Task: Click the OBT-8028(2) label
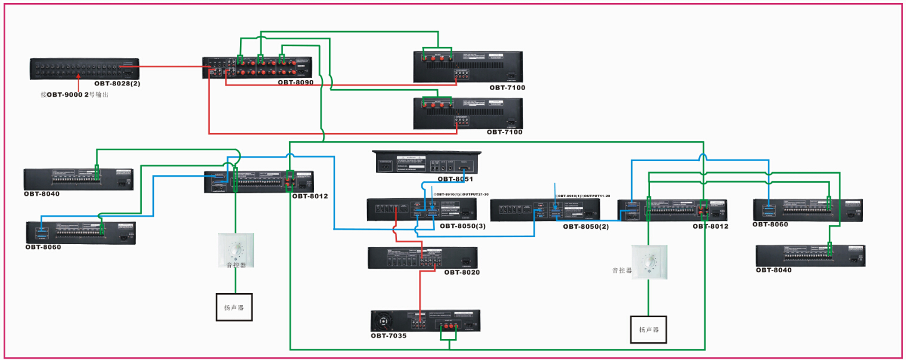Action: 117,84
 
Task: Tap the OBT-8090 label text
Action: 295,82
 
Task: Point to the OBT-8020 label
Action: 461,272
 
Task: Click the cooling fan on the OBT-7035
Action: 383,322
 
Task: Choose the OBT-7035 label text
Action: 388,336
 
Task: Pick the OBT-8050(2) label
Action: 585,226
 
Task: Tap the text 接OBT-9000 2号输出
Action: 78,95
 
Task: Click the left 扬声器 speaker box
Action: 234,307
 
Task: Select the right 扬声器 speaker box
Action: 648,329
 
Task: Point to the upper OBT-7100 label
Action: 507,88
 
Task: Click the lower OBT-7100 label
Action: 504,132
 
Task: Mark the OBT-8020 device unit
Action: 423,257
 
